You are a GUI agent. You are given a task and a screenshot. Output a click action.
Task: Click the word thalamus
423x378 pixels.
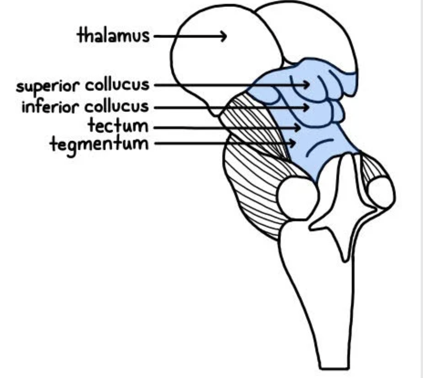[114, 35]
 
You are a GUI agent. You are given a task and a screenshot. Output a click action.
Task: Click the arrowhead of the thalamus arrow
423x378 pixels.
[224, 36]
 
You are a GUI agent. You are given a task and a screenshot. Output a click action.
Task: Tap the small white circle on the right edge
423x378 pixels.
[381, 192]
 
